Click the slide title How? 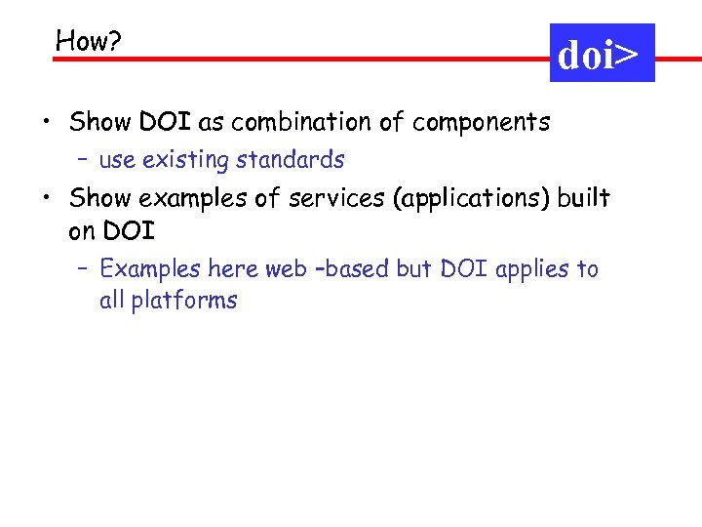(88, 40)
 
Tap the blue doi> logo (602, 54)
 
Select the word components (481, 123)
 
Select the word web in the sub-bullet (286, 268)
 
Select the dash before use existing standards (83, 160)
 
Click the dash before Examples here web (83, 269)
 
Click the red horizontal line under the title (292, 60)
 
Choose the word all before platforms (111, 300)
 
